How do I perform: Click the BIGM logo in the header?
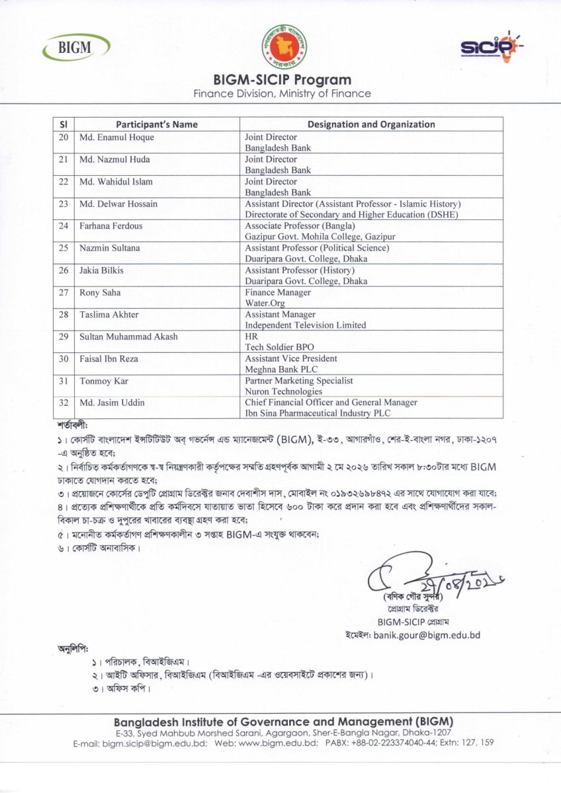(x=77, y=47)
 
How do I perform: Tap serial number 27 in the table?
(x=64, y=293)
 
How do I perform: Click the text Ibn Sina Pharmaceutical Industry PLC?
(x=318, y=414)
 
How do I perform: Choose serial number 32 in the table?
(x=64, y=403)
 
